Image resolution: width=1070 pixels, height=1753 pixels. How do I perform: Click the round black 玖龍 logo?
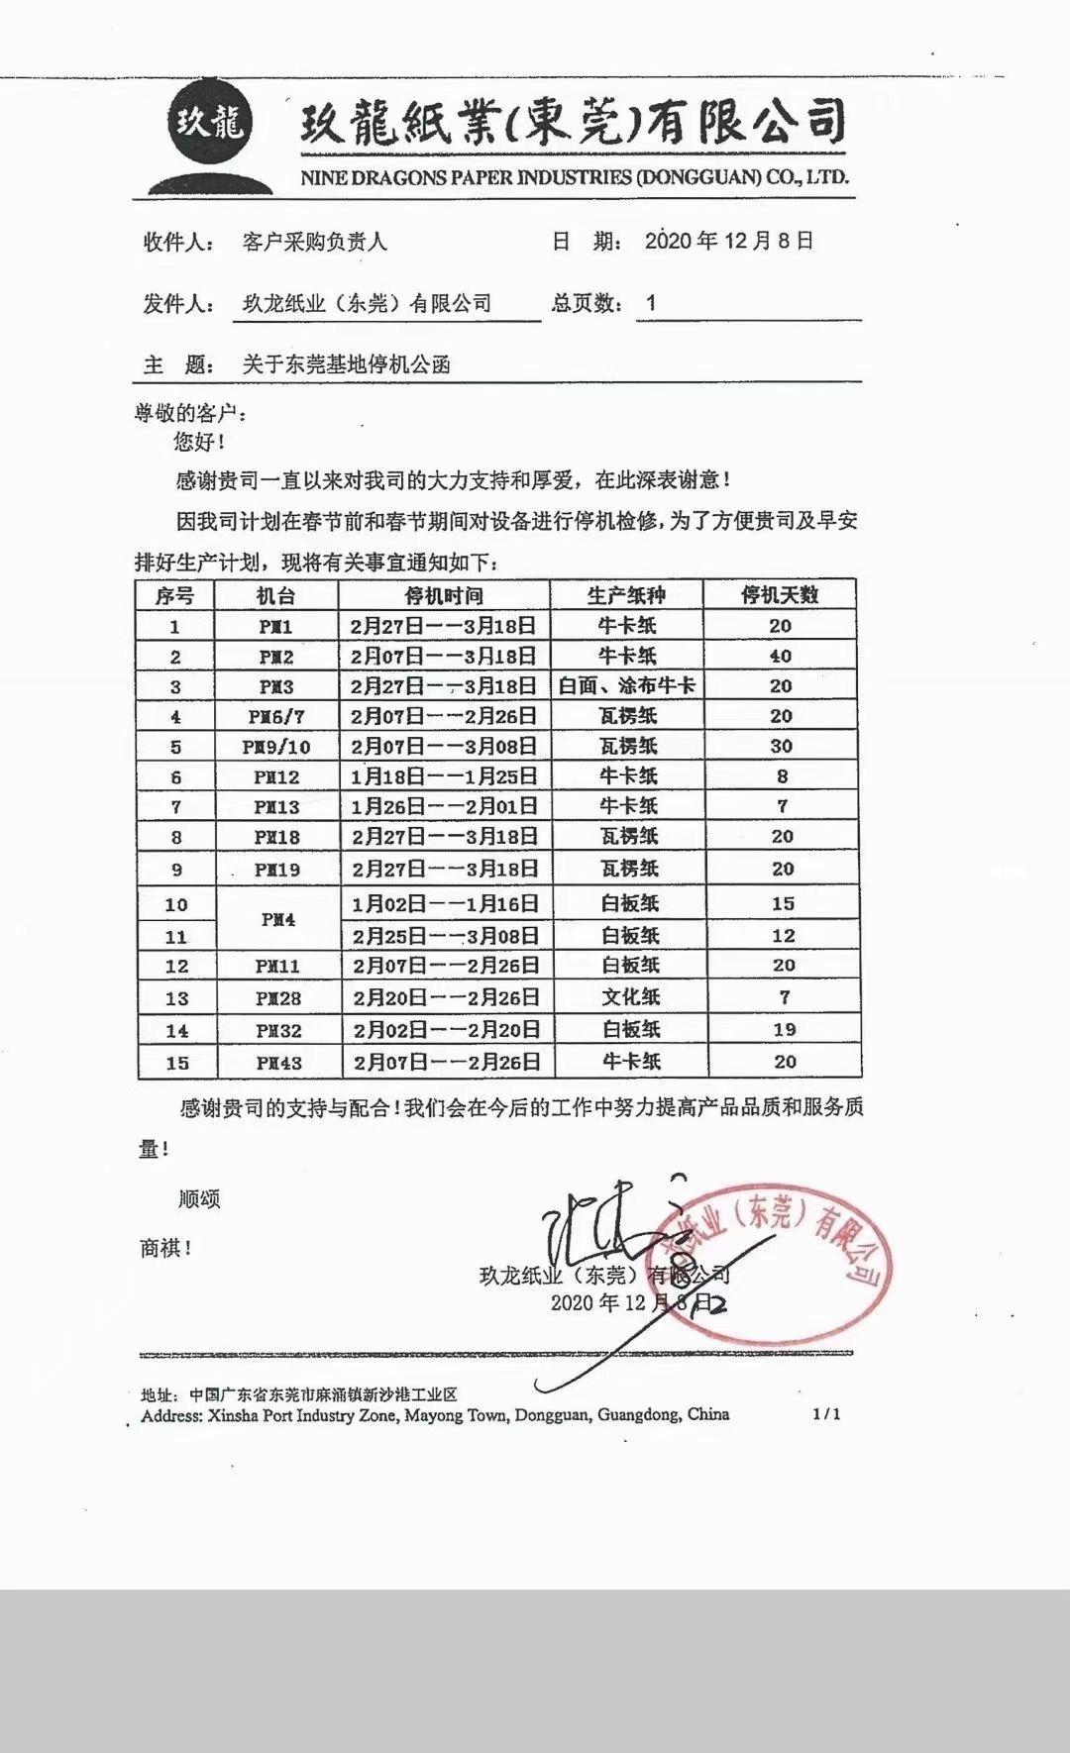coord(209,124)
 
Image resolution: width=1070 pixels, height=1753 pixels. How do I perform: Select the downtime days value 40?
coord(781,656)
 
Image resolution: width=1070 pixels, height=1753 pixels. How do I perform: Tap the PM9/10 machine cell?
coord(276,747)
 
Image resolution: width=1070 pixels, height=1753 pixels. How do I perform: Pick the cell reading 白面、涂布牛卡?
coord(627,685)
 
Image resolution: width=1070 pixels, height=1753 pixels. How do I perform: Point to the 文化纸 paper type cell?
coord(631,997)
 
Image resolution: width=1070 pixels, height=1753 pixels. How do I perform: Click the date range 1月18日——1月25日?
coord(444,776)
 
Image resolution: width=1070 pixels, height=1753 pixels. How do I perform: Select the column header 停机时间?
coord(444,595)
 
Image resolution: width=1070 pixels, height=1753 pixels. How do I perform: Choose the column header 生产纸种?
coord(626,595)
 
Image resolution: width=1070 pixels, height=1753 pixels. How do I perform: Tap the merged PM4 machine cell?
coord(278,919)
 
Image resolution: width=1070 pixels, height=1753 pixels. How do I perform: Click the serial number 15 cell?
coord(176,1063)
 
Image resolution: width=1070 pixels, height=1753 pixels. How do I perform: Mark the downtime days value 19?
coord(784,1030)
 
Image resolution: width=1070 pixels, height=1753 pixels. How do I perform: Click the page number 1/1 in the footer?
coord(826,1414)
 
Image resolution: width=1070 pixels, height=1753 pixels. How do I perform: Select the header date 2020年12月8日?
coord(728,241)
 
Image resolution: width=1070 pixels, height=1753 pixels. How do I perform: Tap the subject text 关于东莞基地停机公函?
coord(347,364)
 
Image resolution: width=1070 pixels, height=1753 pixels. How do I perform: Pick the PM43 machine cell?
coord(278,1063)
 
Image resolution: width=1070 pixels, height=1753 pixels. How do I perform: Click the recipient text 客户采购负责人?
coord(315,241)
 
